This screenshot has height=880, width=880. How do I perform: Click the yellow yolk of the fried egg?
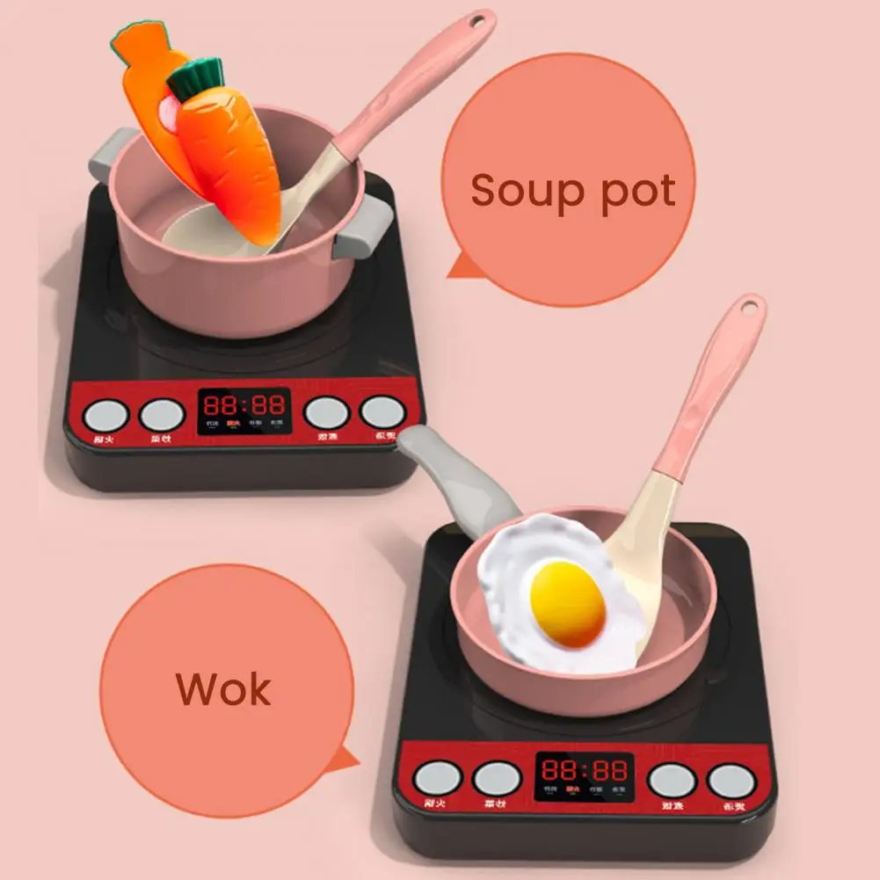tap(568, 602)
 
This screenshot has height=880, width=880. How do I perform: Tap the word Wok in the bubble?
tap(224, 688)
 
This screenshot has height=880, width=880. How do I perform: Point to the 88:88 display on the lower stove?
tap(583, 770)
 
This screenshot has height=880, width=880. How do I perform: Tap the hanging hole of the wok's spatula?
tap(748, 308)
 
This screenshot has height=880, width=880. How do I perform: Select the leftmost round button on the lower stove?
tap(438, 779)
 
